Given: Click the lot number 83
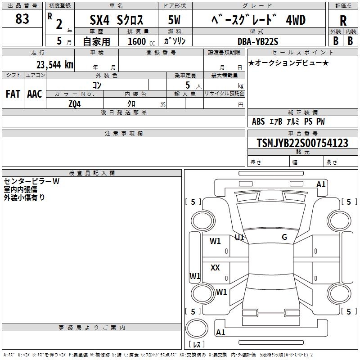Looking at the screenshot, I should pos(22,19).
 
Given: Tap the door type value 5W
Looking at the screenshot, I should pos(175,20).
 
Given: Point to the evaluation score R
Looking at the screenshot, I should pos(343,20).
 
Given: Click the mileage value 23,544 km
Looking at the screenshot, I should pos(54,64).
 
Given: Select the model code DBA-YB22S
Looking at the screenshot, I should pos(258,41).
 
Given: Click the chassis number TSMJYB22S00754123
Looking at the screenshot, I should pos(302,143).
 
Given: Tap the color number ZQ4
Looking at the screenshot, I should pos(75,103).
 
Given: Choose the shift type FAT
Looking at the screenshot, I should pos(13,94).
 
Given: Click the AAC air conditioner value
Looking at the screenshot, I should pos(35,94).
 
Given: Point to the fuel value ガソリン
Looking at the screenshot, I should pos(175,41).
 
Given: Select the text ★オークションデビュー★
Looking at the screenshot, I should pos(288,63).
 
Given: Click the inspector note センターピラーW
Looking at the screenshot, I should pos(31,181).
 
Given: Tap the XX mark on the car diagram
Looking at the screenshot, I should pos(215,268).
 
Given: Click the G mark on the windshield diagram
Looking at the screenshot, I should pos(284,237).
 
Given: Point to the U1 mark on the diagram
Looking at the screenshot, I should pos(239,237).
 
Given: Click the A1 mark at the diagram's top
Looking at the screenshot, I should pos(321,184).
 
